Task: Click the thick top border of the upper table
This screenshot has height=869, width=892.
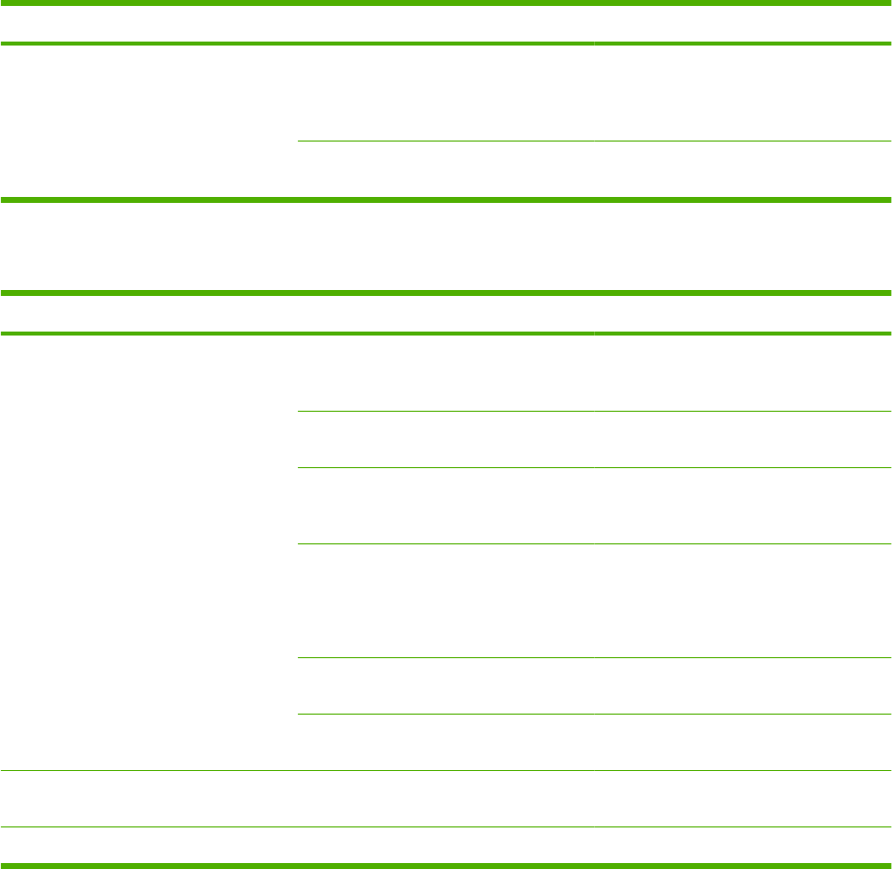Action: (x=446, y=3)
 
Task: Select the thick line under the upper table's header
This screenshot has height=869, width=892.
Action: (x=446, y=44)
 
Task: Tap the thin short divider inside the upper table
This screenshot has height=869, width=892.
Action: (x=594, y=142)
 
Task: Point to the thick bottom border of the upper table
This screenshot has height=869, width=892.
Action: (x=446, y=200)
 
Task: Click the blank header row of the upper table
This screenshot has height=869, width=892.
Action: (x=446, y=24)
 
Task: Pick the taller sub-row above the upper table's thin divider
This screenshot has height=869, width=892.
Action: (x=594, y=93)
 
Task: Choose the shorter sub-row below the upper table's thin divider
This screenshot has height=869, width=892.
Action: (x=594, y=170)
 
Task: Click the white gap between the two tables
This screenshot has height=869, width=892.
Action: (x=446, y=245)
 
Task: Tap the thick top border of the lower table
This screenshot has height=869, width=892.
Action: (x=446, y=293)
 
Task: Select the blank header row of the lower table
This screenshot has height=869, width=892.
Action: (x=446, y=313)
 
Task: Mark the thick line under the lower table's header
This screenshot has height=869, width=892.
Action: (x=446, y=334)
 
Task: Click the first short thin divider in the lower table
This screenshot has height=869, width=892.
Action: (x=594, y=411)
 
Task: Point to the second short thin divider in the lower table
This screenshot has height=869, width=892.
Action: (x=594, y=467)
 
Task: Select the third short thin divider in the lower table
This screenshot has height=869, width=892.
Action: (x=594, y=543)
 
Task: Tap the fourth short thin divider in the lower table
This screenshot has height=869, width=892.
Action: (x=594, y=657)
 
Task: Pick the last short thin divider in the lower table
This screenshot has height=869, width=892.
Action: (x=594, y=714)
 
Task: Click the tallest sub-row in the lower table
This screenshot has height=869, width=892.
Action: (x=594, y=601)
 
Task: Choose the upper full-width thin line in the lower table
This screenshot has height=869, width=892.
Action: (x=446, y=771)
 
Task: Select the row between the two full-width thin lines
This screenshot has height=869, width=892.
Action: (x=446, y=799)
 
